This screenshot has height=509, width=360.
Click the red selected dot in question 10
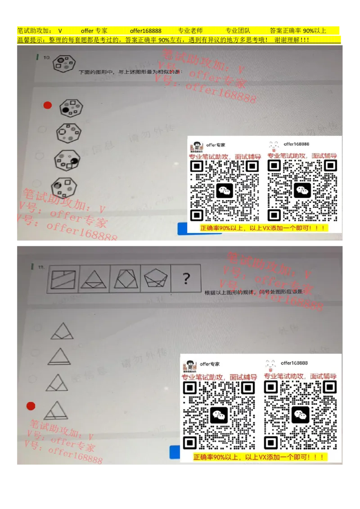pyautogui.click(x=47, y=105)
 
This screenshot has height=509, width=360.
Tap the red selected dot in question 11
pyautogui.click(x=31, y=406)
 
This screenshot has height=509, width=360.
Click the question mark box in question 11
pyautogui.click(x=186, y=279)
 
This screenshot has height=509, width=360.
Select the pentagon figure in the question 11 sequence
pyautogui.click(x=155, y=279)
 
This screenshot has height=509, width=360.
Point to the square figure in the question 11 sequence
pyautogui.click(x=63, y=279)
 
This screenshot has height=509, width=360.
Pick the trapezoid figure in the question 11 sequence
pyautogui.click(x=125, y=279)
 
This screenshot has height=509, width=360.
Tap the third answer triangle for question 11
pyautogui.click(x=57, y=383)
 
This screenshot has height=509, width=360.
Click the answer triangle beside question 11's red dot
pyautogui.click(x=56, y=410)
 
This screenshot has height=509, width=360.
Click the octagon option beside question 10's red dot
pyautogui.click(x=71, y=108)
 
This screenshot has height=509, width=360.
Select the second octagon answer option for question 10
pyautogui.click(x=69, y=133)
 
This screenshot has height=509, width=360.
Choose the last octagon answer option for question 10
pyautogui.click(x=65, y=185)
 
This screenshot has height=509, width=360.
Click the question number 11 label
pyautogui.click(x=41, y=268)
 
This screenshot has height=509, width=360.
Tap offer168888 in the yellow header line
pyautogui.click(x=146, y=31)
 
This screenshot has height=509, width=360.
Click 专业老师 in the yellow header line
pyautogui.click(x=190, y=31)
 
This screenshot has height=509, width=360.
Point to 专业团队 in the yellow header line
pyautogui.click(x=238, y=31)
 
